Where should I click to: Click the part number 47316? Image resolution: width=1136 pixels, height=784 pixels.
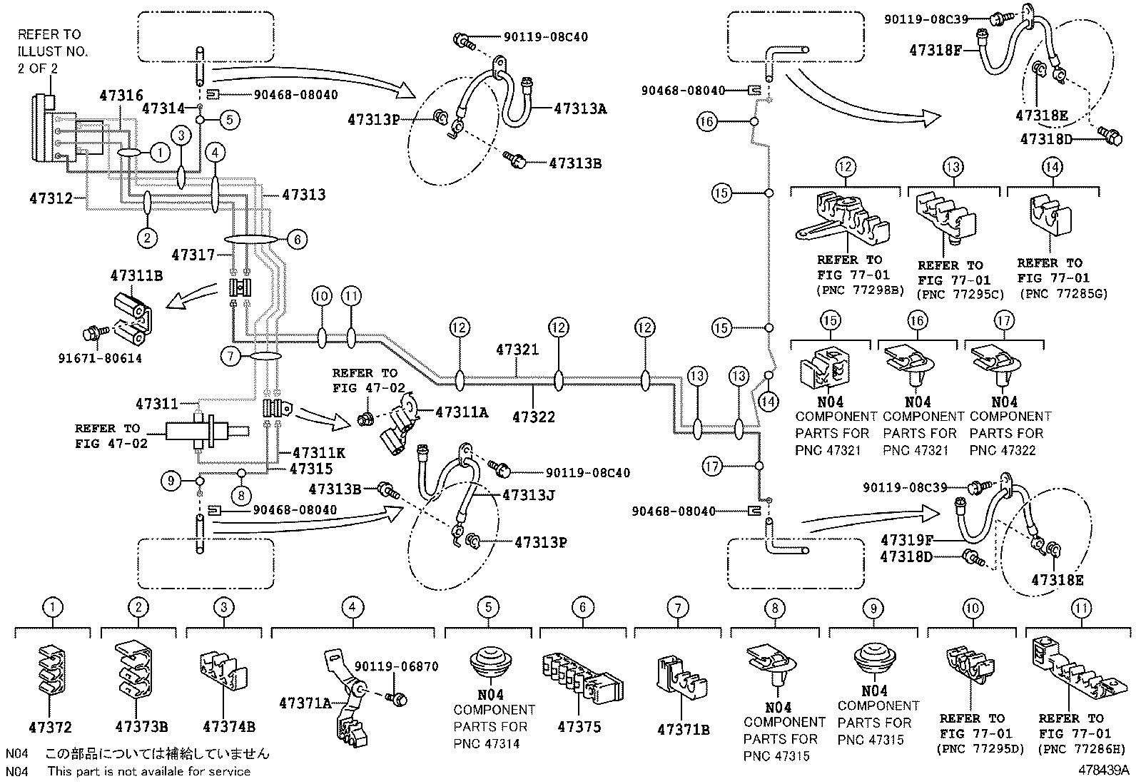point(121,96)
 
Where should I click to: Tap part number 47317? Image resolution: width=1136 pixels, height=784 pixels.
point(193,254)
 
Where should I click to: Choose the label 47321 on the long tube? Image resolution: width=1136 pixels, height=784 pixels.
point(517,350)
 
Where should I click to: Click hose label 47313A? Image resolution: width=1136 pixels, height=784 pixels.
point(580,108)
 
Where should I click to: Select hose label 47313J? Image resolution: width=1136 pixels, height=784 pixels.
point(528,495)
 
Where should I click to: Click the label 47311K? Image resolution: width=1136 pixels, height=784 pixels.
point(319,452)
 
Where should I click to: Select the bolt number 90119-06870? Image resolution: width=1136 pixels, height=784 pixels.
point(396,667)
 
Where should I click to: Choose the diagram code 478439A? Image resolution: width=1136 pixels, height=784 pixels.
point(1103,770)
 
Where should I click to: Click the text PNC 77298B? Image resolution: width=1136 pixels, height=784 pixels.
point(860,290)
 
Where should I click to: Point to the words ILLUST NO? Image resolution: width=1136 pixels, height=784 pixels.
point(53,51)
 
